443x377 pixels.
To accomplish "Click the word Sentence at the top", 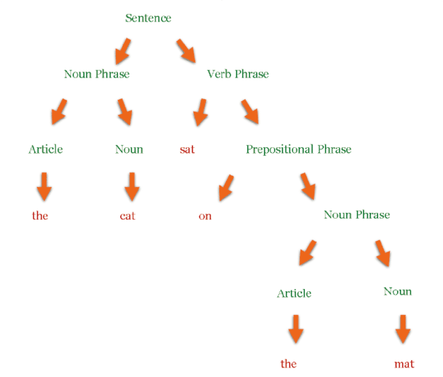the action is point(148,18).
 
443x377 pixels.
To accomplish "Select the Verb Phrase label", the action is point(238,74).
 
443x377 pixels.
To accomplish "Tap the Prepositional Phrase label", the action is point(298,149).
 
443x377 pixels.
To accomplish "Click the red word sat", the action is point(188,149).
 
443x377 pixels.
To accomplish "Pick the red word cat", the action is point(128,216).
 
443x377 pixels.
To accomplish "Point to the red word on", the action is point(205,217).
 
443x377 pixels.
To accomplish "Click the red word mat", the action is point(405,364).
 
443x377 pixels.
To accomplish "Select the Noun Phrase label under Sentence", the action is point(97,74).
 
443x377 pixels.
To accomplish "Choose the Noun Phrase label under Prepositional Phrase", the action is point(357,215).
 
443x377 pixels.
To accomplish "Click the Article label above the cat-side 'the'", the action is point(46,149).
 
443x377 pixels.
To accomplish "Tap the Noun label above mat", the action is point(397,291).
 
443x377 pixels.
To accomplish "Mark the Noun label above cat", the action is point(129,149).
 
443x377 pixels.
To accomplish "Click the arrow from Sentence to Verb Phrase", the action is point(186,51).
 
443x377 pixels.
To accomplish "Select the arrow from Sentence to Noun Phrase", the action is point(123,51).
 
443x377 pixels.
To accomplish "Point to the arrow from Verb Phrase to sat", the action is point(200,112).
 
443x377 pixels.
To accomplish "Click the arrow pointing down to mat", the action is point(403,329).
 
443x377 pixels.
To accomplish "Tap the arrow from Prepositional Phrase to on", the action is point(227,188).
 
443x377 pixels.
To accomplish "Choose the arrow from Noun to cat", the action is point(132,187).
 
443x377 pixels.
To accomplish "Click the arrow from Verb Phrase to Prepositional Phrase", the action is point(250,112).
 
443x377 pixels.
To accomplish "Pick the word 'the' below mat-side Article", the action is point(289,364).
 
